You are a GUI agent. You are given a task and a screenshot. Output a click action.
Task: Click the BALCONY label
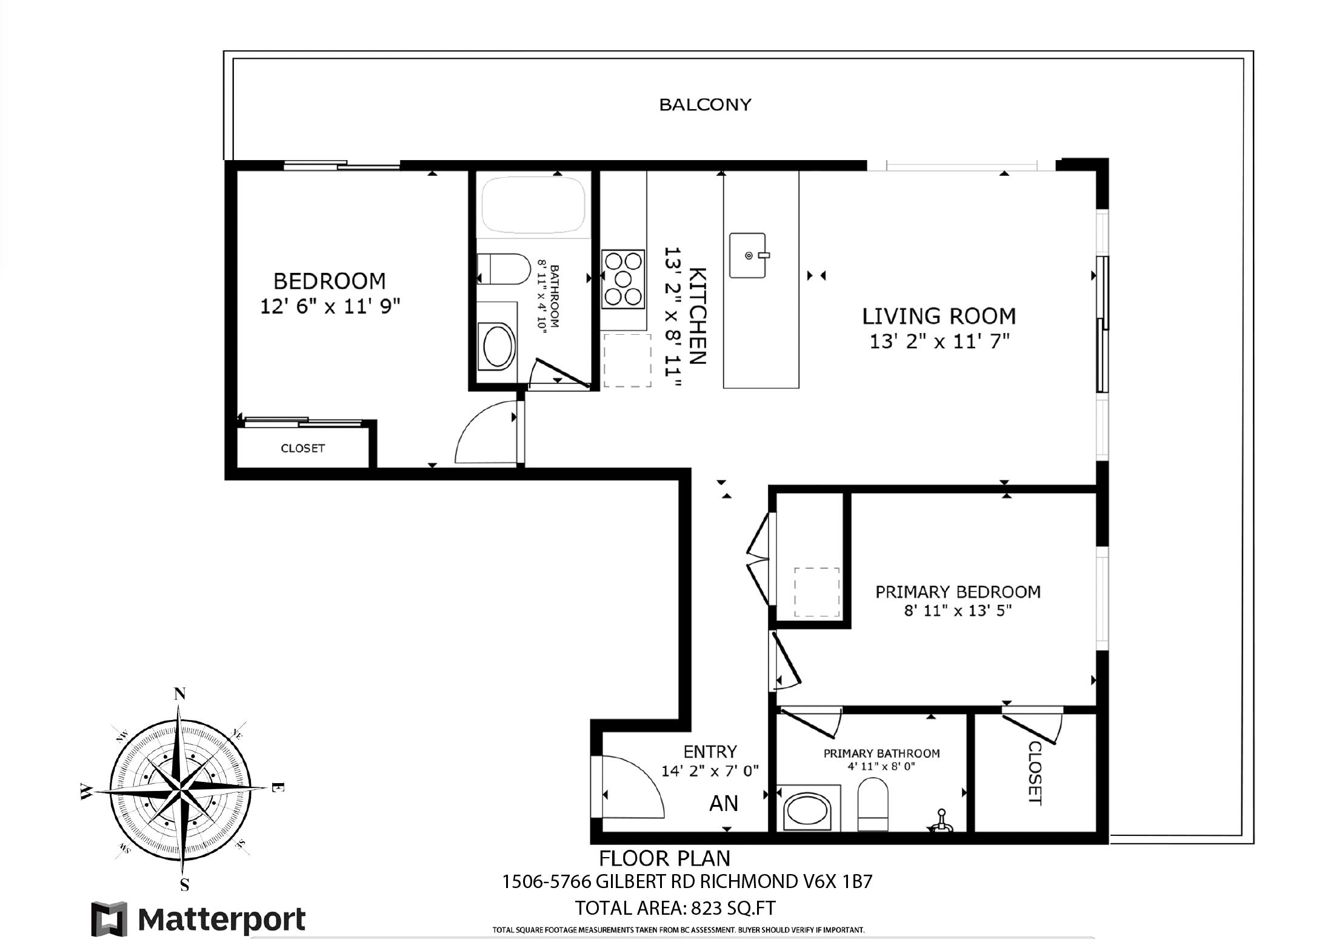(705, 105)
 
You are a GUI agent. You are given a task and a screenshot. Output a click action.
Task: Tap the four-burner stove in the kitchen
(623, 279)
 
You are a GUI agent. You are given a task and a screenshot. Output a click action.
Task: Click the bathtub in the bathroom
(533, 205)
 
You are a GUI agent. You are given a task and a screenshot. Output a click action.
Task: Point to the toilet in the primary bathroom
(873, 804)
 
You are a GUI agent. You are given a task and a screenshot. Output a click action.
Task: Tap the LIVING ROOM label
(939, 316)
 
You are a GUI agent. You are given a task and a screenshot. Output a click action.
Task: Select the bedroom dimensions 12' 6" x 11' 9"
(330, 306)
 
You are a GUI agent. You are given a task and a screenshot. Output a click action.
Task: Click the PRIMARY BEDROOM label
(958, 591)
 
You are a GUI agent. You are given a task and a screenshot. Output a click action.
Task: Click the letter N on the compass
(179, 694)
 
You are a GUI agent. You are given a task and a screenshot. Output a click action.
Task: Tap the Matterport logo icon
(110, 919)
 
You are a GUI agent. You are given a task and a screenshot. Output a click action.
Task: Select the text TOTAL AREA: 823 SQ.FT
(675, 908)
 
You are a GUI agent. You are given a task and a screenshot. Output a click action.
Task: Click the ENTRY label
(710, 752)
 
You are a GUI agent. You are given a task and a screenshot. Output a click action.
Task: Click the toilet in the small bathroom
(504, 269)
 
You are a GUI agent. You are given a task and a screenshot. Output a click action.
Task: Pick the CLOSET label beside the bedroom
(302, 448)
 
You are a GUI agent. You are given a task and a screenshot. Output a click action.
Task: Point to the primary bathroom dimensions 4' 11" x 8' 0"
(881, 766)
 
